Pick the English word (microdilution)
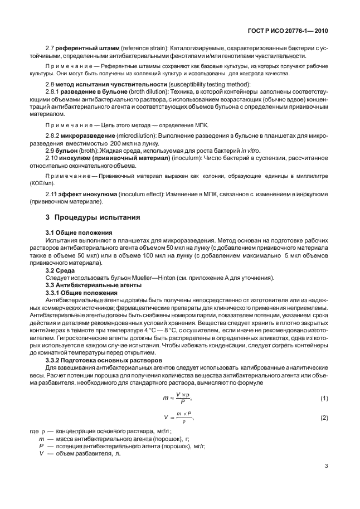pos(144,135)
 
